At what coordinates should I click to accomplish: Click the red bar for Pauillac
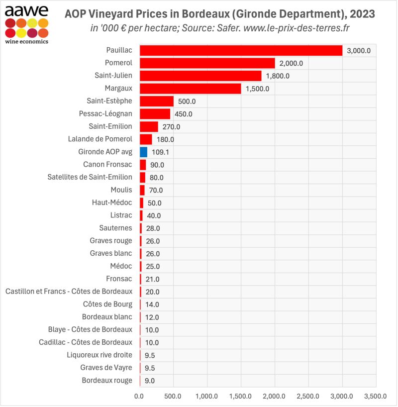click(x=241, y=50)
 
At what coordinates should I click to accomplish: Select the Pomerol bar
click(x=207, y=63)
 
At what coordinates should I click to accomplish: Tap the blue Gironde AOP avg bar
click(x=143, y=152)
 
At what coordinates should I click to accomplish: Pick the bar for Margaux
click(x=190, y=89)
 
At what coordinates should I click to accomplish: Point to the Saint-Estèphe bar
click(x=156, y=101)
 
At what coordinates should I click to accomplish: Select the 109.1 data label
click(x=161, y=152)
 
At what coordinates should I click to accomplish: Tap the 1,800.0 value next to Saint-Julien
click(x=278, y=76)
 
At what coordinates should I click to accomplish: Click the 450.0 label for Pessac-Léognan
click(x=183, y=114)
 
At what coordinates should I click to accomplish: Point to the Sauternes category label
click(x=115, y=228)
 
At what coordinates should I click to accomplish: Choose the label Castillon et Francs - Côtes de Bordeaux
click(x=69, y=292)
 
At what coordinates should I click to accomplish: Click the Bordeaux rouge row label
click(x=107, y=381)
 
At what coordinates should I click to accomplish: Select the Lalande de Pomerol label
click(x=100, y=139)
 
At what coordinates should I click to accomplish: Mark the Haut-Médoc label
click(x=112, y=203)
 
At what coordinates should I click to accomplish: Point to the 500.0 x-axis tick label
click(x=173, y=396)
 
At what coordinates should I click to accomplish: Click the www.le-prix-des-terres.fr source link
click(x=298, y=28)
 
